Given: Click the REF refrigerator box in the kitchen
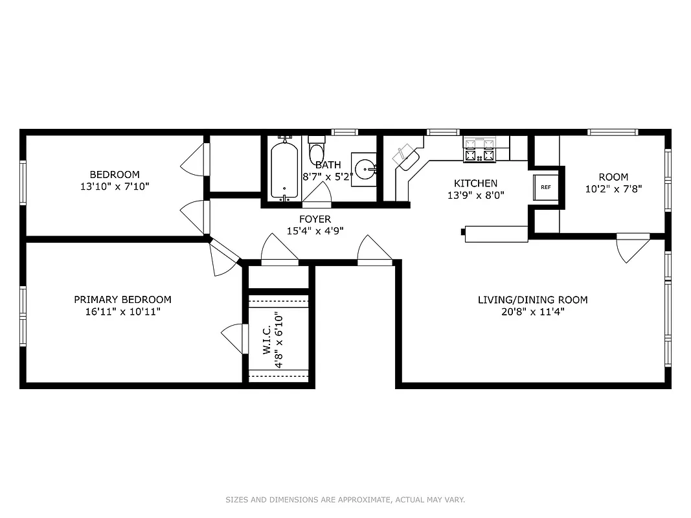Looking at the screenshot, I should pyautogui.click(x=545, y=187).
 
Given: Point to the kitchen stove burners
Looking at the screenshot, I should pyautogui.click(x=479, y=150).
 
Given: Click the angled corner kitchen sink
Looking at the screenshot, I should pyautogui.click(x=406, y=156).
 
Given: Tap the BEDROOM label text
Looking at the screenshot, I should pyautogui.click(x=115, y=174).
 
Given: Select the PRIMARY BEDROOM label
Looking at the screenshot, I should pyautogui.click(x=122, y=300).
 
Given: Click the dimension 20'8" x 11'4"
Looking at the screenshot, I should pyautogui.click(x=532, y=311).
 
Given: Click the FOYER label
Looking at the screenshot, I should pyautogui.click(x=315, y=219).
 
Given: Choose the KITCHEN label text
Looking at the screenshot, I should pyautogui.click(x=475, y=183).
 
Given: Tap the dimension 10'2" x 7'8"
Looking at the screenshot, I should pyautogui.click(x=613, y=188).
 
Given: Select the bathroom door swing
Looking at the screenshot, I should pyautogui.click(x=318, y=193).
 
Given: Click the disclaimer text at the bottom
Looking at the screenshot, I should pyautogui.click(x=345, y=499).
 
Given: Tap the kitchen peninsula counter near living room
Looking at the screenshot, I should pyautogui.click(x=496, y=234).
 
